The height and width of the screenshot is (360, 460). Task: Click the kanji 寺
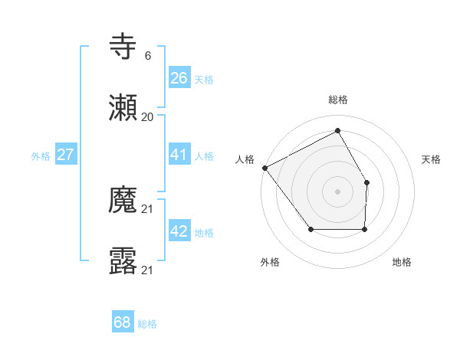[123, 47]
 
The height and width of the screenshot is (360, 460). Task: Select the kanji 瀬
[123, 108]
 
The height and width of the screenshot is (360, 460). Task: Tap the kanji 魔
[123, 201]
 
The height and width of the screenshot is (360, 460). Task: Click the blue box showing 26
[179, 78]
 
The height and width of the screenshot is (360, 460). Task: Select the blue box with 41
[179, 155]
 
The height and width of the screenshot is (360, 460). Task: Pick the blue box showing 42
[179, 232]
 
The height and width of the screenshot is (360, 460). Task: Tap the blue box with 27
[65, 155]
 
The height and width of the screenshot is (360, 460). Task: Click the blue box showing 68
[122, 322]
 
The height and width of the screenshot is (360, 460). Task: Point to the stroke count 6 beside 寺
[147, 55]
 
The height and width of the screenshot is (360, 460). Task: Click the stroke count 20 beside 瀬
[147, 116]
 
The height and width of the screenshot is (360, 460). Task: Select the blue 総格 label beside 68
[147, 324]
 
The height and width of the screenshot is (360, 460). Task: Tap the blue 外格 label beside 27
[41, 156]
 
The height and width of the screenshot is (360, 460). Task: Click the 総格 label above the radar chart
[338, 100]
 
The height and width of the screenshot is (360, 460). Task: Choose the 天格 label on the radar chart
[432, 159]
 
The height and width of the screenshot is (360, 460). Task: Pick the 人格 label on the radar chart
[245, 159]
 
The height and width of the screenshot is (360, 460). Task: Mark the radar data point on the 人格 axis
[264, 168]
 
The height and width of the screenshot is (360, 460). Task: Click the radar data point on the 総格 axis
[337, 131]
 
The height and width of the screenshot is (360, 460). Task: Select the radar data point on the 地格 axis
[364, 229]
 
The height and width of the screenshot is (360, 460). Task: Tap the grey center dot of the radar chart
[337, 191]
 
